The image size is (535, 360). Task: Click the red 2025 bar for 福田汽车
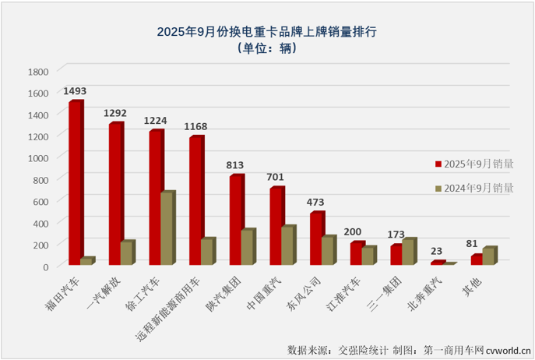(x=74, y=183)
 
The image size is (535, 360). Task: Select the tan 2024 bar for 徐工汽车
(x=167, y=229)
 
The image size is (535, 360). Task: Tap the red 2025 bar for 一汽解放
(x=114, y=194)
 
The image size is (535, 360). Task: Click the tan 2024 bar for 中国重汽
(x=287, y=246)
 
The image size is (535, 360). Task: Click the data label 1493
(x=75, y=91)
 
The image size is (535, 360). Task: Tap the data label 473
(x=316, y=203)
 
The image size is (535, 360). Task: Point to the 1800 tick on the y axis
(x=38, y=71)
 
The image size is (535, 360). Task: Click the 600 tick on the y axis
(x=40, y=201)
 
